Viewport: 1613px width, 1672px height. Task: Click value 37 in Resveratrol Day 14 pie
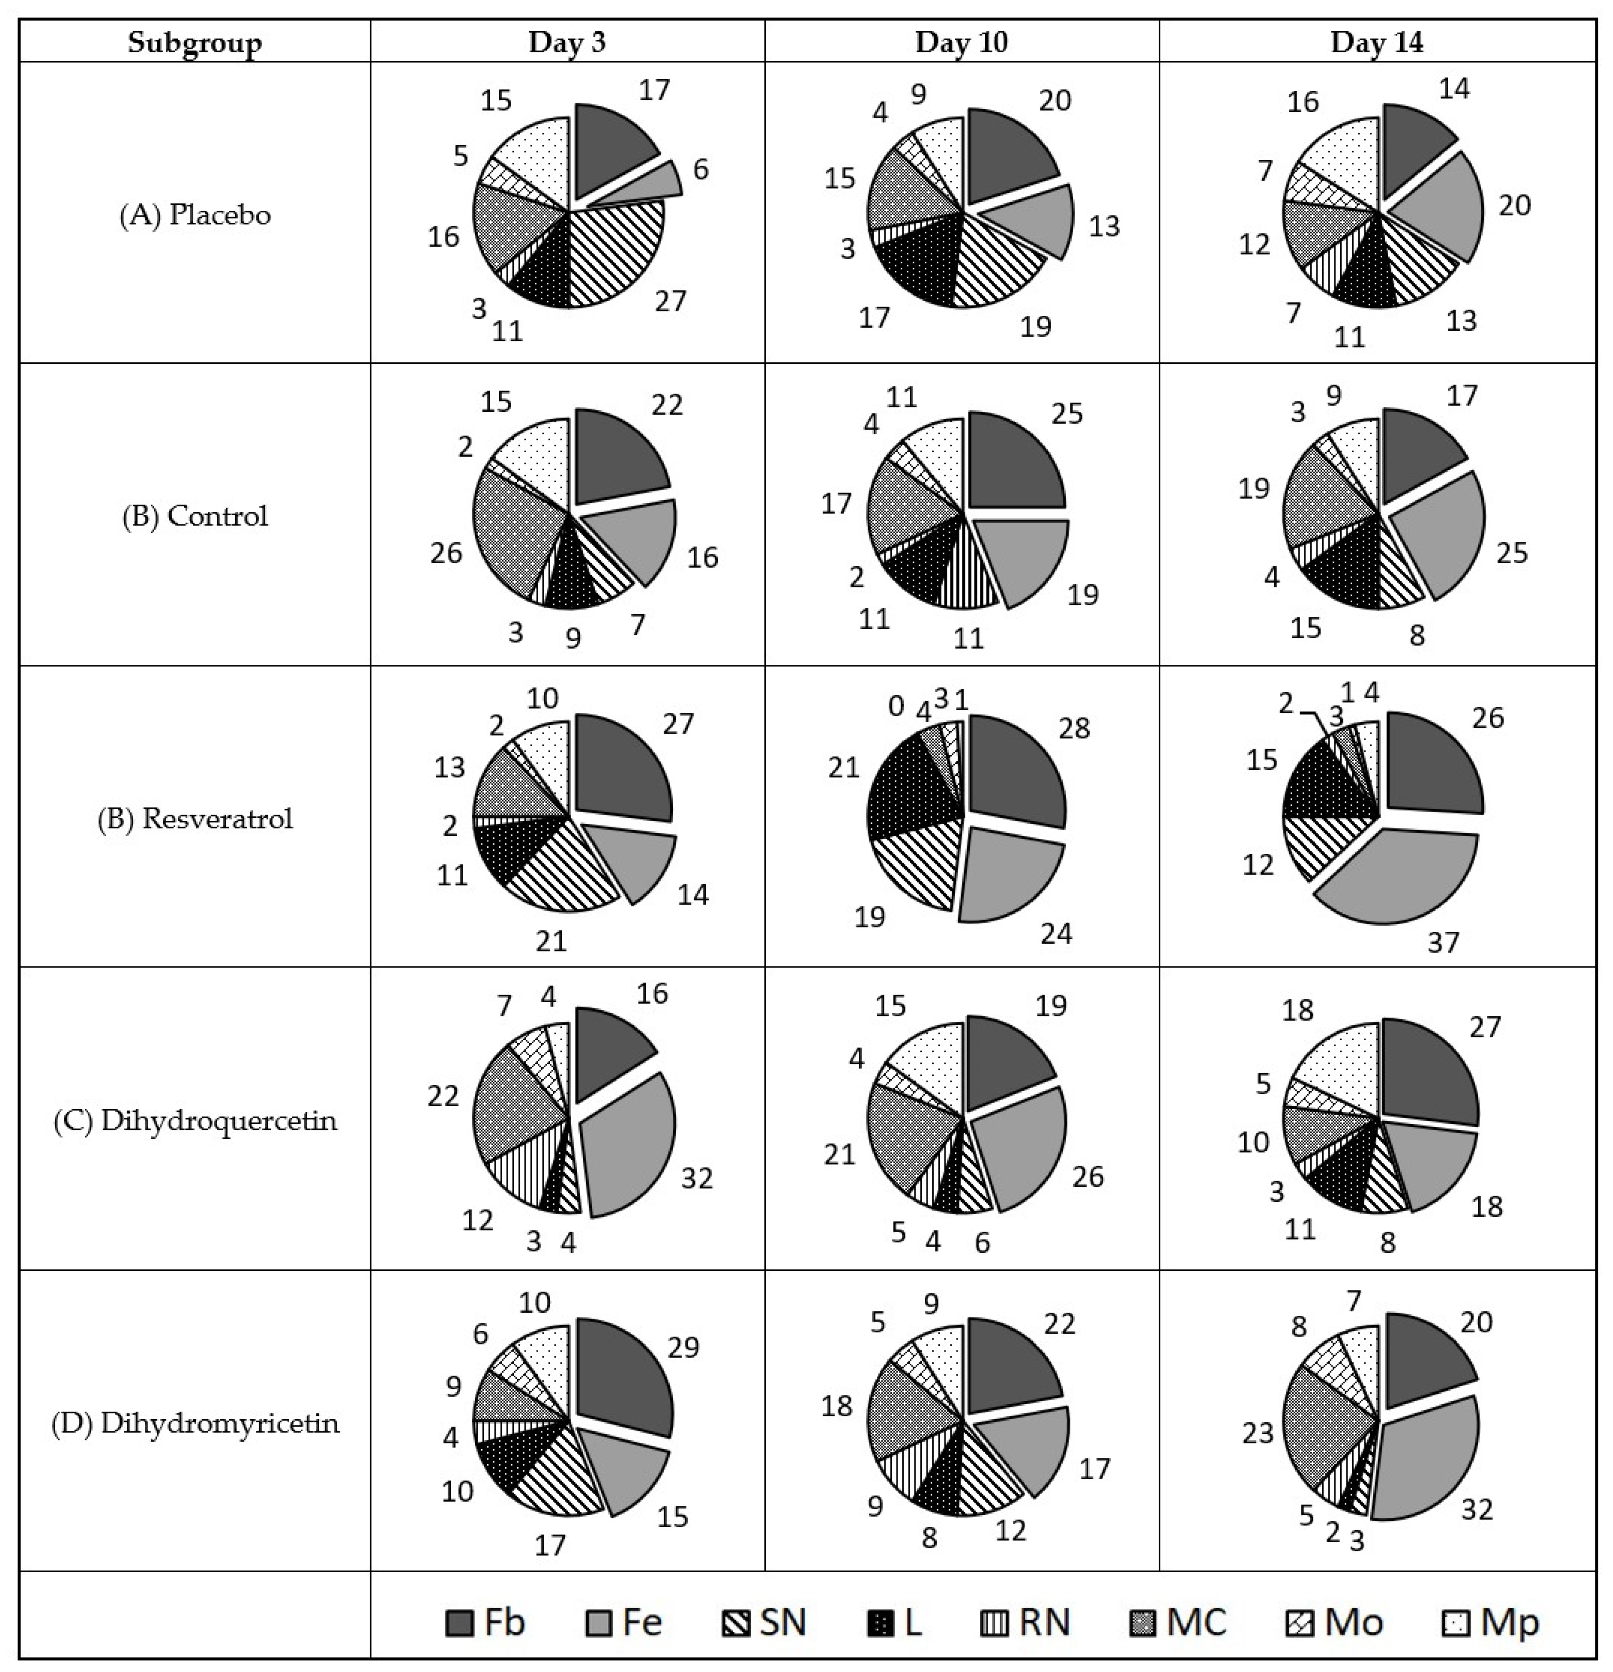point(1443,942)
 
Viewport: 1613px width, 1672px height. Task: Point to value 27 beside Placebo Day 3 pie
point(671,300)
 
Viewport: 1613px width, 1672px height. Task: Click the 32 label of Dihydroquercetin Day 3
point(697,1178)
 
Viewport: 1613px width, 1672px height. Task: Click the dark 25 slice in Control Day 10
point(1016,462)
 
